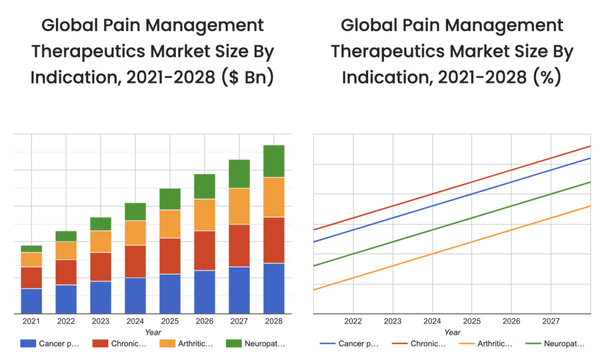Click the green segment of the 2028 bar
point(273,161)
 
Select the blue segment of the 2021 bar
point(31,301)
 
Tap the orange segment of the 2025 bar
point(170,224)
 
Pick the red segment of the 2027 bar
point(239,245)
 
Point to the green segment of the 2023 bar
point(101,224)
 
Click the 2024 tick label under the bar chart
point(135,322)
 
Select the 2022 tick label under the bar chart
point(66,322)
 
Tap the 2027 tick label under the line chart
point(551,322)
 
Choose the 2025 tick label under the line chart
point(471,322)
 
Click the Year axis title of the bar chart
point(153,332)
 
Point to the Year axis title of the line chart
point(453,332)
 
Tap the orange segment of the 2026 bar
point(205,215)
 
